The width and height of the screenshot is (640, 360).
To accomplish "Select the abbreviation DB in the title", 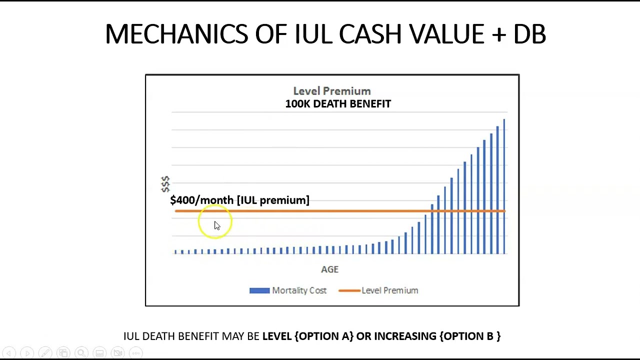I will point(529,34).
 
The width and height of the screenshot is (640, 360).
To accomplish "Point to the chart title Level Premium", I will point(332,91).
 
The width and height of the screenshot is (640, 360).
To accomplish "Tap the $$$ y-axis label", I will point(165,183).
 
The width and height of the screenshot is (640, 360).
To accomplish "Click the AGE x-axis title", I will point(329,269).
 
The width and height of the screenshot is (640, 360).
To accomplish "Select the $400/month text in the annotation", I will point(201,200).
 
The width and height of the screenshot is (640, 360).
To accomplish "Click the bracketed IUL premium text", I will point(273,200).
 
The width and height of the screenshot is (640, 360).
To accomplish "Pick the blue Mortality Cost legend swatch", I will point(259,290).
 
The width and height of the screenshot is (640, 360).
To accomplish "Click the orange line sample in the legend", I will point(349,290).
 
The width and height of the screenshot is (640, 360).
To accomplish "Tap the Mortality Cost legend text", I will point(299,290).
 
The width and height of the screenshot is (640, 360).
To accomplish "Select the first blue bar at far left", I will point(175,251).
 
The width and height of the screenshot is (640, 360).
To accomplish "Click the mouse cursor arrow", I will point(216,225).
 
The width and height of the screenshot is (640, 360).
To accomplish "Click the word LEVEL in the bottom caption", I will point(277,336).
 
